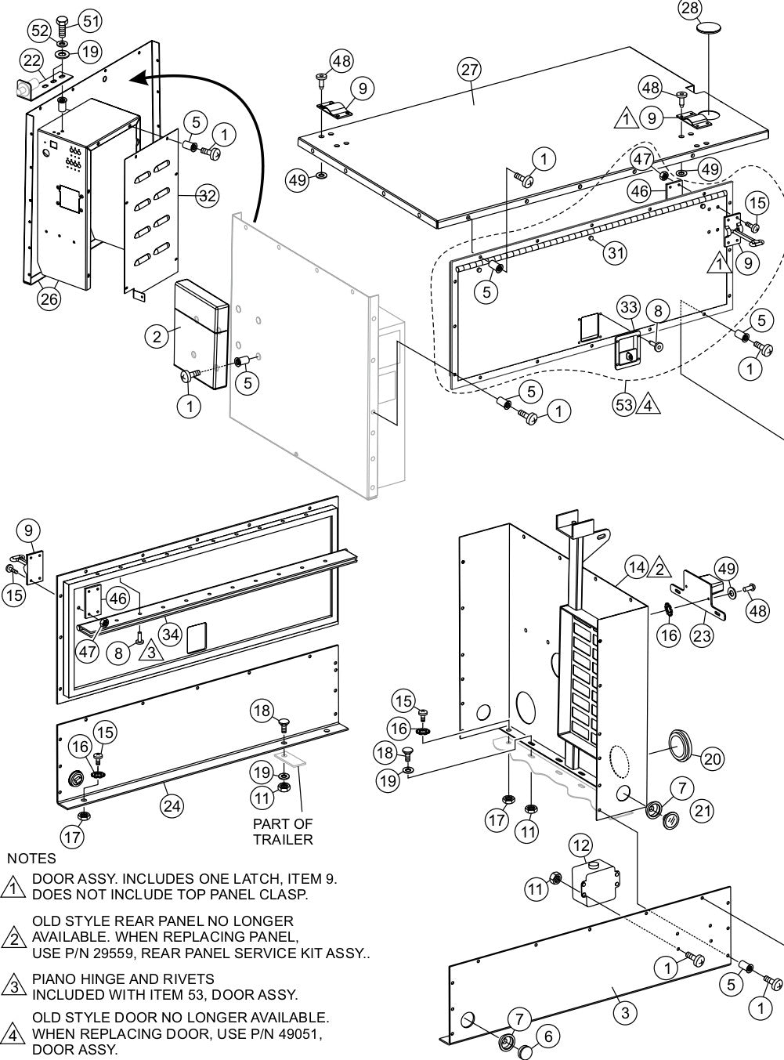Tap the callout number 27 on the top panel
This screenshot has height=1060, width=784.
click(468, 70)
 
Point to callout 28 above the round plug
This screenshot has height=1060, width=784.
click(690, 9)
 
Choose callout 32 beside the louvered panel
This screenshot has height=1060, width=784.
click(207, 196)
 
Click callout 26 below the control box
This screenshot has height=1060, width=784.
click(49, 299)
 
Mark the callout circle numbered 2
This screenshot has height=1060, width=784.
click(157, 336)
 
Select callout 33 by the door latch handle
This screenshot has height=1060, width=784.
click(628, 306)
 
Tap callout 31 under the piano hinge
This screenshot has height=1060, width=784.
click(616, 251)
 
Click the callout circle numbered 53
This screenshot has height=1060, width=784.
click(624, 405)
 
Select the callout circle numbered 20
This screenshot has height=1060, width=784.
click(712, 758)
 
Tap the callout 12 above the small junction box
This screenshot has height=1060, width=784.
click(581, 845)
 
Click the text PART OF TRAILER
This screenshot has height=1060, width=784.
click(283, 831)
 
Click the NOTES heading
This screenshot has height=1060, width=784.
click(31, 859)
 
